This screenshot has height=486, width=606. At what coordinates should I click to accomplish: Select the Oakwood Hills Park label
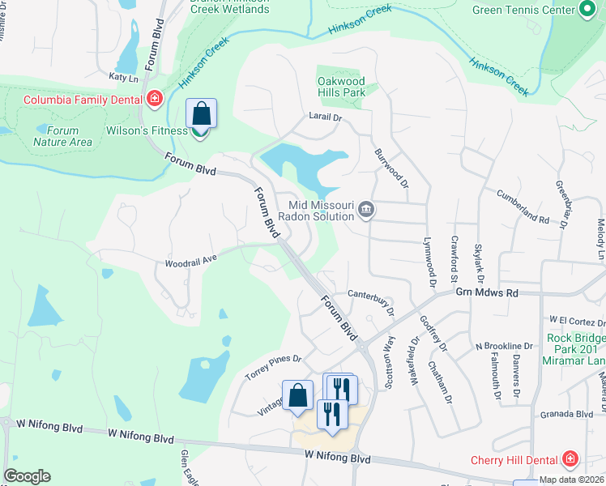pyautogui.click(x=341, y=87)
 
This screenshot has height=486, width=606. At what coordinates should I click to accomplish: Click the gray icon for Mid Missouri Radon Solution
pyautogui.click(x=366, y=211)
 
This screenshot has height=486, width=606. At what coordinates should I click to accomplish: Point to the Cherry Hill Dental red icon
pyautogui.click(x=570, y=459)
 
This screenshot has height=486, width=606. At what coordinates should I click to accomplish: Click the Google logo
pyautogui.click(x=26, y=476)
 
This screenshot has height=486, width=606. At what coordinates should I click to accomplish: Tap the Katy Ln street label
pyautogui.click(x=124, y=77)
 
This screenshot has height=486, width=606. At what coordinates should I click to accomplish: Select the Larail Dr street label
pyautogui.click(x=326, y=117)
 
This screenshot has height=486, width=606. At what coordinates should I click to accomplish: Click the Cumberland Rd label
pyautogui.click(x=523, y=208)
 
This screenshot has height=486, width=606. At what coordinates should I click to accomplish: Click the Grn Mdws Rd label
pyautogui.click(x=486, y=292)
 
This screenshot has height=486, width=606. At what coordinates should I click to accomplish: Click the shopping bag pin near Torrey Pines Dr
pyautogui.click(x=298, y=395)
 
